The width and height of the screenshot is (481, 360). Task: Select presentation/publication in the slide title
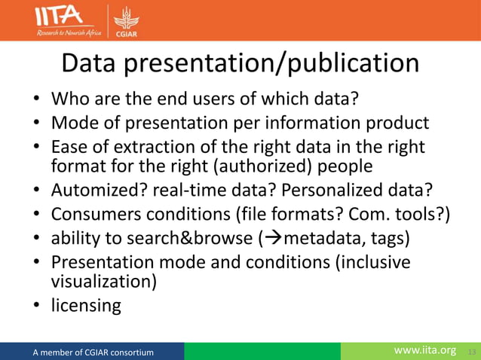274,64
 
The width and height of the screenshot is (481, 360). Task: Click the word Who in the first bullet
69,99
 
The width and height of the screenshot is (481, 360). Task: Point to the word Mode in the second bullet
73,122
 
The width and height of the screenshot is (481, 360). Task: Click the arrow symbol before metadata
268,239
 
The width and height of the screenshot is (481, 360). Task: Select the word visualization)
103,281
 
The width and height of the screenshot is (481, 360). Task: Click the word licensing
85,305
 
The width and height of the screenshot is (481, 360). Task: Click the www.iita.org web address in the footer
425,350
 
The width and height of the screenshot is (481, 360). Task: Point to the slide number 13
473,352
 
